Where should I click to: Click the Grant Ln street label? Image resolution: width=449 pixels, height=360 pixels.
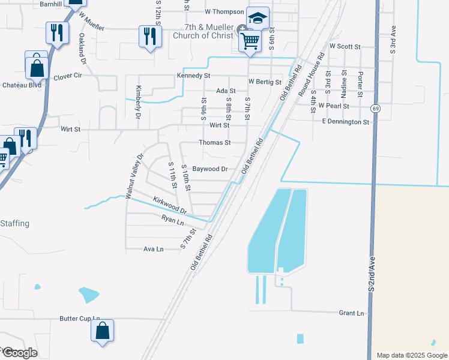(x=352, y=313)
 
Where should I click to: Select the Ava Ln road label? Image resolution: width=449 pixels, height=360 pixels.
(x=153, y=249)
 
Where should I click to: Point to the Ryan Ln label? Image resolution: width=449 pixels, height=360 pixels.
(x=172, y=220)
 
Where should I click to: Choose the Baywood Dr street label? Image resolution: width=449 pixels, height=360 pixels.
(x=209, y=169)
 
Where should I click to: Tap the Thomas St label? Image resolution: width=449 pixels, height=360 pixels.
(x=215, y=143)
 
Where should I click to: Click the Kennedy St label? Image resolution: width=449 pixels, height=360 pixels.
(x=193, y=76)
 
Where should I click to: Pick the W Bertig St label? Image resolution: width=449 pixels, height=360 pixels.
(x=265, y=81)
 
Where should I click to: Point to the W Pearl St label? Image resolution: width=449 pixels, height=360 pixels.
(x=334, y=106)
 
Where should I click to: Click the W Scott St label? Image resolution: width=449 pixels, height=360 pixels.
(x=345, y=46)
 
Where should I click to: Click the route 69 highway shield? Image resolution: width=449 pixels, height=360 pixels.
(x=375, y=109)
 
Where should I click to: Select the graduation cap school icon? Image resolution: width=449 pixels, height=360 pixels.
(x=258, y=18)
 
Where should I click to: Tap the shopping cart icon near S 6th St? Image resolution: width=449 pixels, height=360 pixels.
(x=250, y=41)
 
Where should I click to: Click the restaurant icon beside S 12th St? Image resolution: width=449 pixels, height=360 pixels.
(x=148, y=36)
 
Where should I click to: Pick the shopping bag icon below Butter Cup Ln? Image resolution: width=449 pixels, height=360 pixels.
(x=103, y=331)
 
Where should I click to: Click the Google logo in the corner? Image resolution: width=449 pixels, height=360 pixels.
(x=19, y=353)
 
